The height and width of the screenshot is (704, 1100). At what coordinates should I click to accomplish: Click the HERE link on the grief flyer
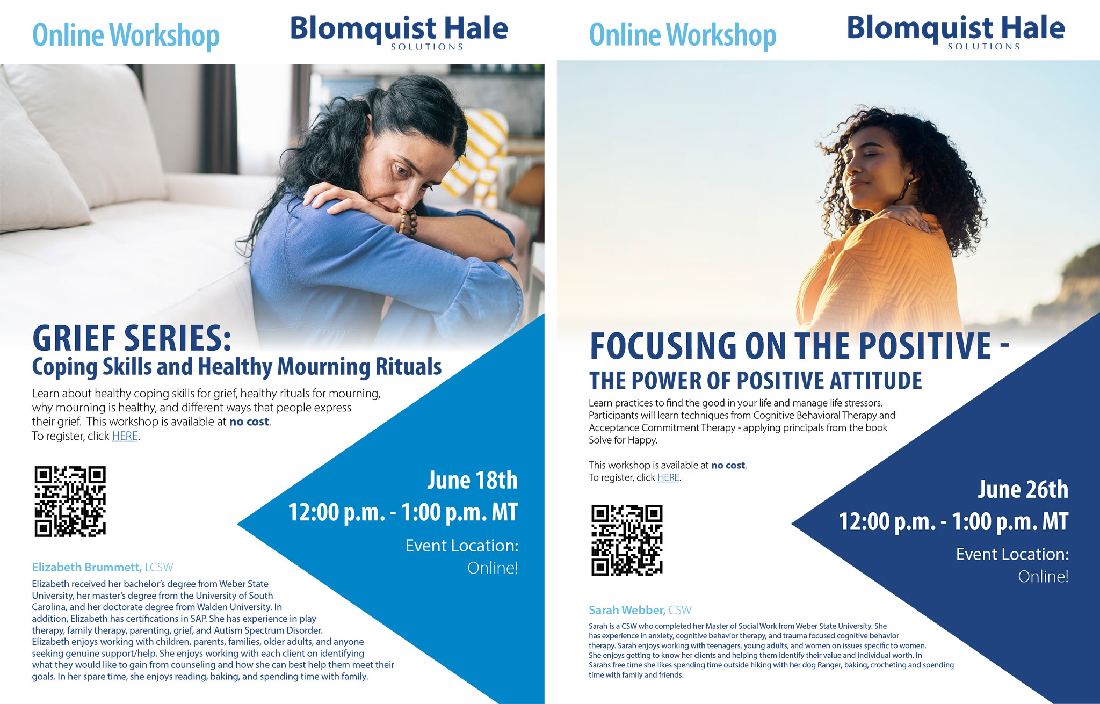click(x=125, y=436)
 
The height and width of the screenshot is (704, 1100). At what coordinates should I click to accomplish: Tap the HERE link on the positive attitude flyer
click(x=668, y=477)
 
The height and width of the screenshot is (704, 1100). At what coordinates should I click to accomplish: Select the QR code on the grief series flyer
click(x=70, y=501)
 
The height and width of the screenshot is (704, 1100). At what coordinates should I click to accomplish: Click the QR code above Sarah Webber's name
click(x=627, y=540)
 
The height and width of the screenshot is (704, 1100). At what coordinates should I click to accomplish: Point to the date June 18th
click(x=472, y=480)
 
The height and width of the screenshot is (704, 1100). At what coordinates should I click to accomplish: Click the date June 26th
click(x=1023, y=489)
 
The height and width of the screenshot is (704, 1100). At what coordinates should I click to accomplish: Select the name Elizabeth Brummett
click(x=86, y=567)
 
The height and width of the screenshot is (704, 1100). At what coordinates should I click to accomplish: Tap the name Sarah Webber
click(x=627, y=610)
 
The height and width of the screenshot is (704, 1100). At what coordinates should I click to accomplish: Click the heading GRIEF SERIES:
click(x=132, y=338)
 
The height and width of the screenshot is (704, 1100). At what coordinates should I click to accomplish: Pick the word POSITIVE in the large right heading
click(x=924, y=345)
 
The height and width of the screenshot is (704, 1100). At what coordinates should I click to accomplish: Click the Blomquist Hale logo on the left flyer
click(x=399, y=32)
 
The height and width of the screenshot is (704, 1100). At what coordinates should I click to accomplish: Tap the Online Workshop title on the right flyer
click(x=683, y=35)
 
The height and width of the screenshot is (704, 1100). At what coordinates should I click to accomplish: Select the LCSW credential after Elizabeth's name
click(x=159, y=567)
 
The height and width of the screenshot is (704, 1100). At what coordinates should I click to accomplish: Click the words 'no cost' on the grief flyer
click(x=249, y=422)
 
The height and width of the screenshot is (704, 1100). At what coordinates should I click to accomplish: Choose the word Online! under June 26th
click(x=1043, y=577)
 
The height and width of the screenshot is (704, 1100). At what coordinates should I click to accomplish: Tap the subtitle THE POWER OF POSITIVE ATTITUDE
click(x=755, y=381)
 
